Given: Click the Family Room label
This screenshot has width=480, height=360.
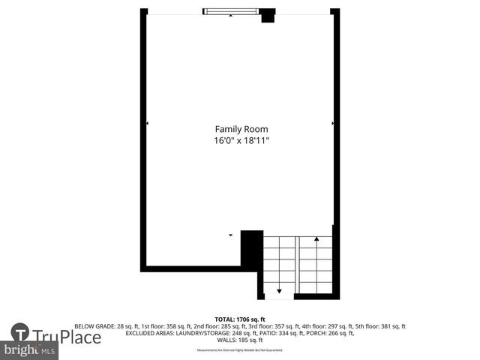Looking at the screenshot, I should pyautogui.click(x=241, y=129).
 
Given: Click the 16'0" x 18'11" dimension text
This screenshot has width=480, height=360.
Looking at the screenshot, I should pyautogui.click(x=241, y=140).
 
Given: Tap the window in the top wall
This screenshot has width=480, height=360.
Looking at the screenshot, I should pyautogui.click(x=231, y=11).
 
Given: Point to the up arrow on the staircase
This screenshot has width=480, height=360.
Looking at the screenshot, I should pyautogui.click(x=316, y=239).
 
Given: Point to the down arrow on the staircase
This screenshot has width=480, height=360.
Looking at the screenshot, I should pyautogui.click(x=279, y=289).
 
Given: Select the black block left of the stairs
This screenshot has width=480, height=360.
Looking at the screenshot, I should pyautogui.click(x=251, y=247).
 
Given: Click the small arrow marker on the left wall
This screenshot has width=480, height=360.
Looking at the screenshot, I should pyautogui.click(x=147, y=123).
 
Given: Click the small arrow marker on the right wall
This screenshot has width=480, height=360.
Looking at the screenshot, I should pyautogui.click(x=332, y=123).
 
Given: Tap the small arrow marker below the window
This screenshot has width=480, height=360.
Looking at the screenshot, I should pyautogui.click(x=231, y=16).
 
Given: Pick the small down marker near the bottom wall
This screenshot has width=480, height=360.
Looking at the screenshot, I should pyautogui.click(x=231, y=235).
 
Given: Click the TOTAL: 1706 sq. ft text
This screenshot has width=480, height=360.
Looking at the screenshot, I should pyautogui.click(x=240, y=319).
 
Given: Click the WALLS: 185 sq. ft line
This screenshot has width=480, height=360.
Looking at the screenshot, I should pyautogui.click(x=240, y=340).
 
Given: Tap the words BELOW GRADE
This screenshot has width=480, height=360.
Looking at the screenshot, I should pyautogui.click(x=94, y=326).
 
